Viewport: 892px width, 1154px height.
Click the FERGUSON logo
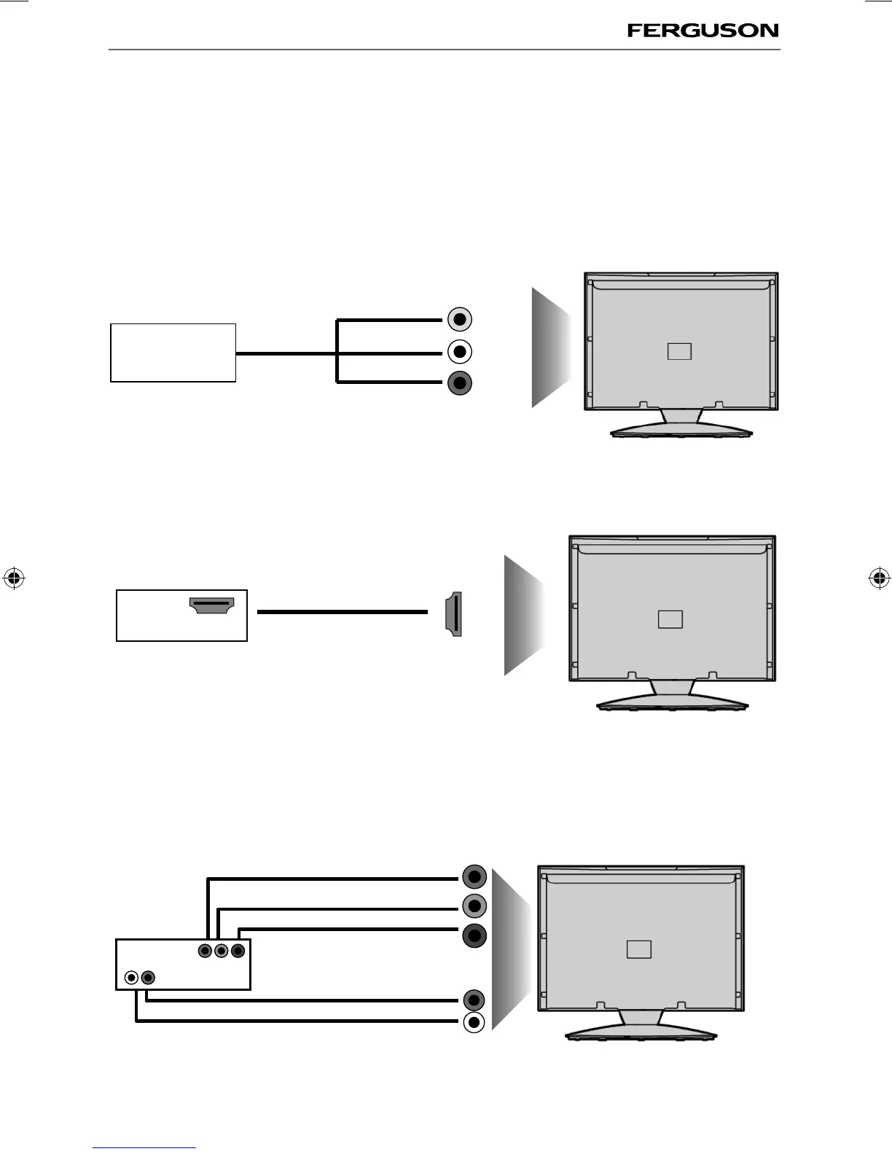pyautogui.click(x=703, y=31)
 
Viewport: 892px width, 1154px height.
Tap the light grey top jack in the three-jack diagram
pyautogui.click(x=459, y=319)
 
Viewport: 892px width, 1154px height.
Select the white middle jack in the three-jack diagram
pyautogui.click(x=459, y=352)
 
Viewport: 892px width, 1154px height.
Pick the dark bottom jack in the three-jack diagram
pyautogui.click(x=459, y=383)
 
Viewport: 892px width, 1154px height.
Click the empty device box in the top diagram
pyautogui.click(x=173, y=353)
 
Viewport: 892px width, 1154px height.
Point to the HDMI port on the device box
pyautogui.click(x=211, y=605)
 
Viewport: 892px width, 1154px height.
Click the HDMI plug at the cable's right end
pyautogui.click(x=454, y=613)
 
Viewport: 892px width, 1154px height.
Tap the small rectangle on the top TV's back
pyautogui.click(x=678, y=351)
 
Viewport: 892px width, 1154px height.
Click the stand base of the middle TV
pyautogui.click(x=672, y=704)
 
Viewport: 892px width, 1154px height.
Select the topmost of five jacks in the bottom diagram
pyautogui.click(x=474, y=876)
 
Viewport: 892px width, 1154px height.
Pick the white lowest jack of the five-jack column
pyautogui.click(x=474, y=1023)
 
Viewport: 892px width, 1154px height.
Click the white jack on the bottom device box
pyautogui.click(x=131, y=977)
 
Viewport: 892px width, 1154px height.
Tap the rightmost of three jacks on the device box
pyautogui.click(x=237, y=951)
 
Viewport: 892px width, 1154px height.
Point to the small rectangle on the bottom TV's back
pyautogui.click(x=639, y=949)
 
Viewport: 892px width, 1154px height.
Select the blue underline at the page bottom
pyautogui.click(x=145, y=1147)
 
